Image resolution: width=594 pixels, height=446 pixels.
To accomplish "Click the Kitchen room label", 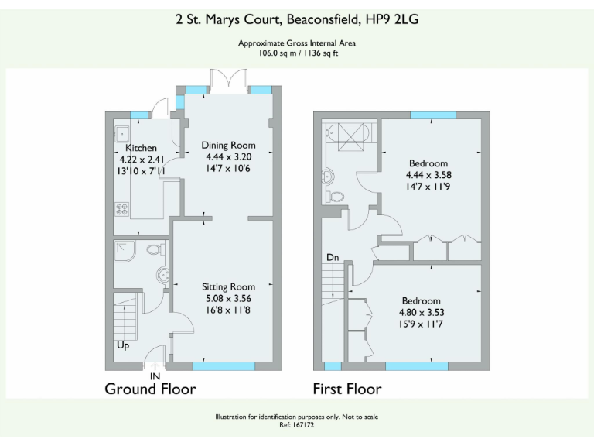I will click(x=142, y=148).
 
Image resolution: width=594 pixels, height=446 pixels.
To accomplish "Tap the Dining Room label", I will click(x=228, y=145).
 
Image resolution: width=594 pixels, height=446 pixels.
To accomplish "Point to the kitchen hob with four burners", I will click(x=121, y=208).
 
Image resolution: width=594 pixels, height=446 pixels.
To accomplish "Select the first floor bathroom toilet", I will click(x=335, y=196).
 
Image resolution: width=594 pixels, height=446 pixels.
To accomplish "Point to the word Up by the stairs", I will click(x=122, y=345).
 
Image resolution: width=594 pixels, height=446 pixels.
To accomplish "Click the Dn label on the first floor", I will click(x=332, y=257).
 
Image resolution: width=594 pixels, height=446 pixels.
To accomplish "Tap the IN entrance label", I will click(x=155, y=376).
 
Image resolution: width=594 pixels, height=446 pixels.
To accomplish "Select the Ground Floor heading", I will click(x=150, y=389).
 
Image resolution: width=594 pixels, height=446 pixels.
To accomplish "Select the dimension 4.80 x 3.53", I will click(x=421, y=313).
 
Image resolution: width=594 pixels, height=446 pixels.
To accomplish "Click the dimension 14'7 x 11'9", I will click(x=427, y=187).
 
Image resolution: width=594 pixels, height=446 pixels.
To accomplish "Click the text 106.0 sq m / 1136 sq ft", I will click(x=298, y=53).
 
